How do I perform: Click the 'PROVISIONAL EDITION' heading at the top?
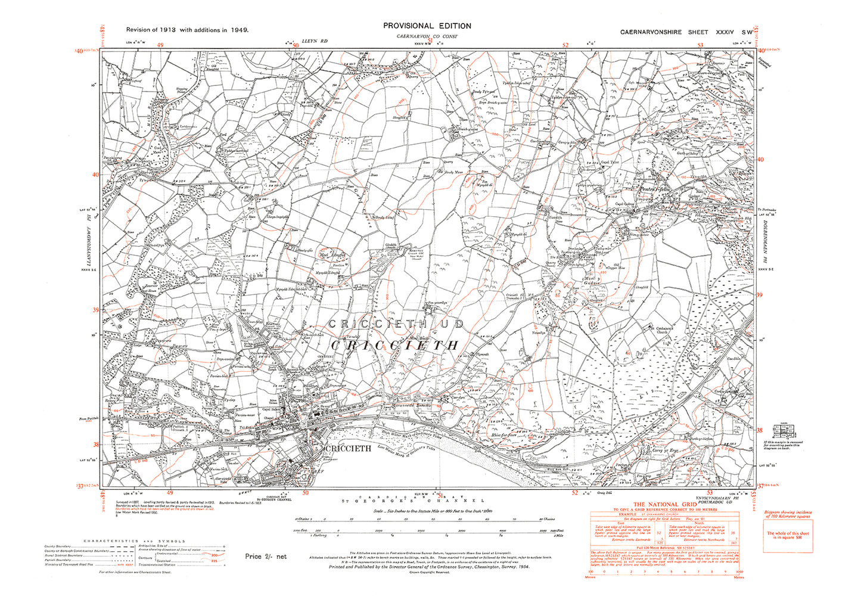[x=427, y=26]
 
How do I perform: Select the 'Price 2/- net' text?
[x=266, y=557]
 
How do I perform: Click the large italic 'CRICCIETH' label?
[x=394, y=346]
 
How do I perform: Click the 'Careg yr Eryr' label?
[x=666, y=450]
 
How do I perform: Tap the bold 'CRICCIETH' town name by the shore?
[x=347, y=448]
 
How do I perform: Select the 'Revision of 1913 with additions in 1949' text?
[x=187, y=29]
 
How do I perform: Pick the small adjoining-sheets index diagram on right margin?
[x=783, y=430]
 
